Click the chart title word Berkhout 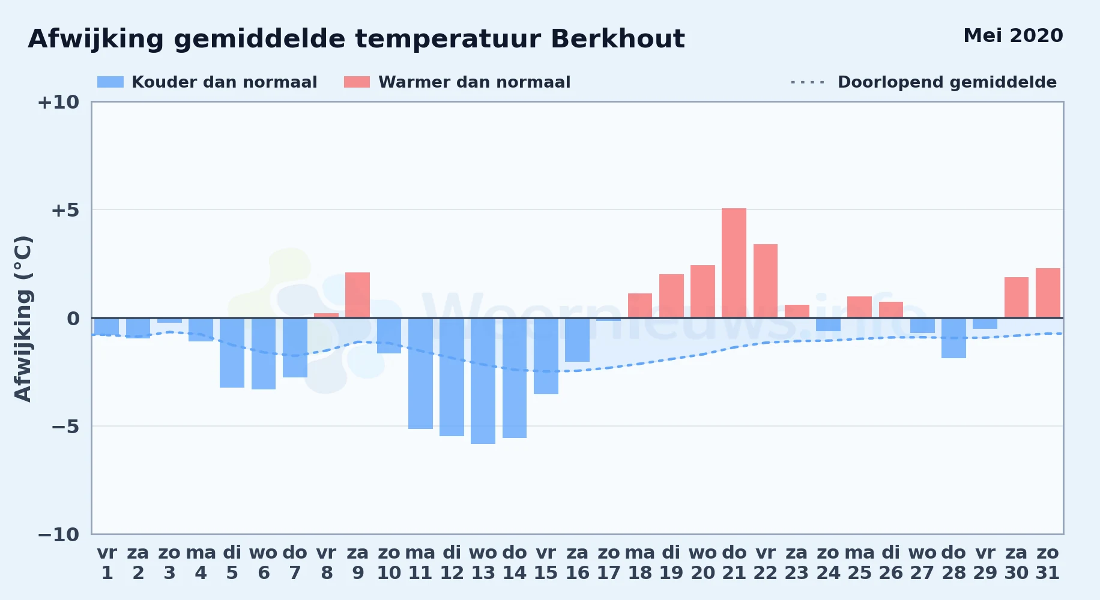tap(617, 39)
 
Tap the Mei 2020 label tap(1013, 35)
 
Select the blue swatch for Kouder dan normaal tap(110, 82)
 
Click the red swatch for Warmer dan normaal tap(357, 82)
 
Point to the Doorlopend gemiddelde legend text tap(947, 82)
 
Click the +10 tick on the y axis tap(58, 102)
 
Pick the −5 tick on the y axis tap(65, 427)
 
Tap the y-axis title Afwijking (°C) tap(23, 318)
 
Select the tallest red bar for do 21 tap(734, 263)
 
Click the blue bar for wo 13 tap(483, 381)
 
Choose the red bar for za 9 tap(357, 295)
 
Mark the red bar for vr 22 tap(766, 281)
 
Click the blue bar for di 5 tap(232, 353)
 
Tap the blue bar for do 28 tap(953, 338)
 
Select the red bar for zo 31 tap(1048, 293)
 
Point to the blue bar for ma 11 tap(420, 374)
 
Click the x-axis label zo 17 tap(608, 563)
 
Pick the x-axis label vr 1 tap(107, 563)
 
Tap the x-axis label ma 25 tap(859, 563)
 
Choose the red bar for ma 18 tap(640, 305)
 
